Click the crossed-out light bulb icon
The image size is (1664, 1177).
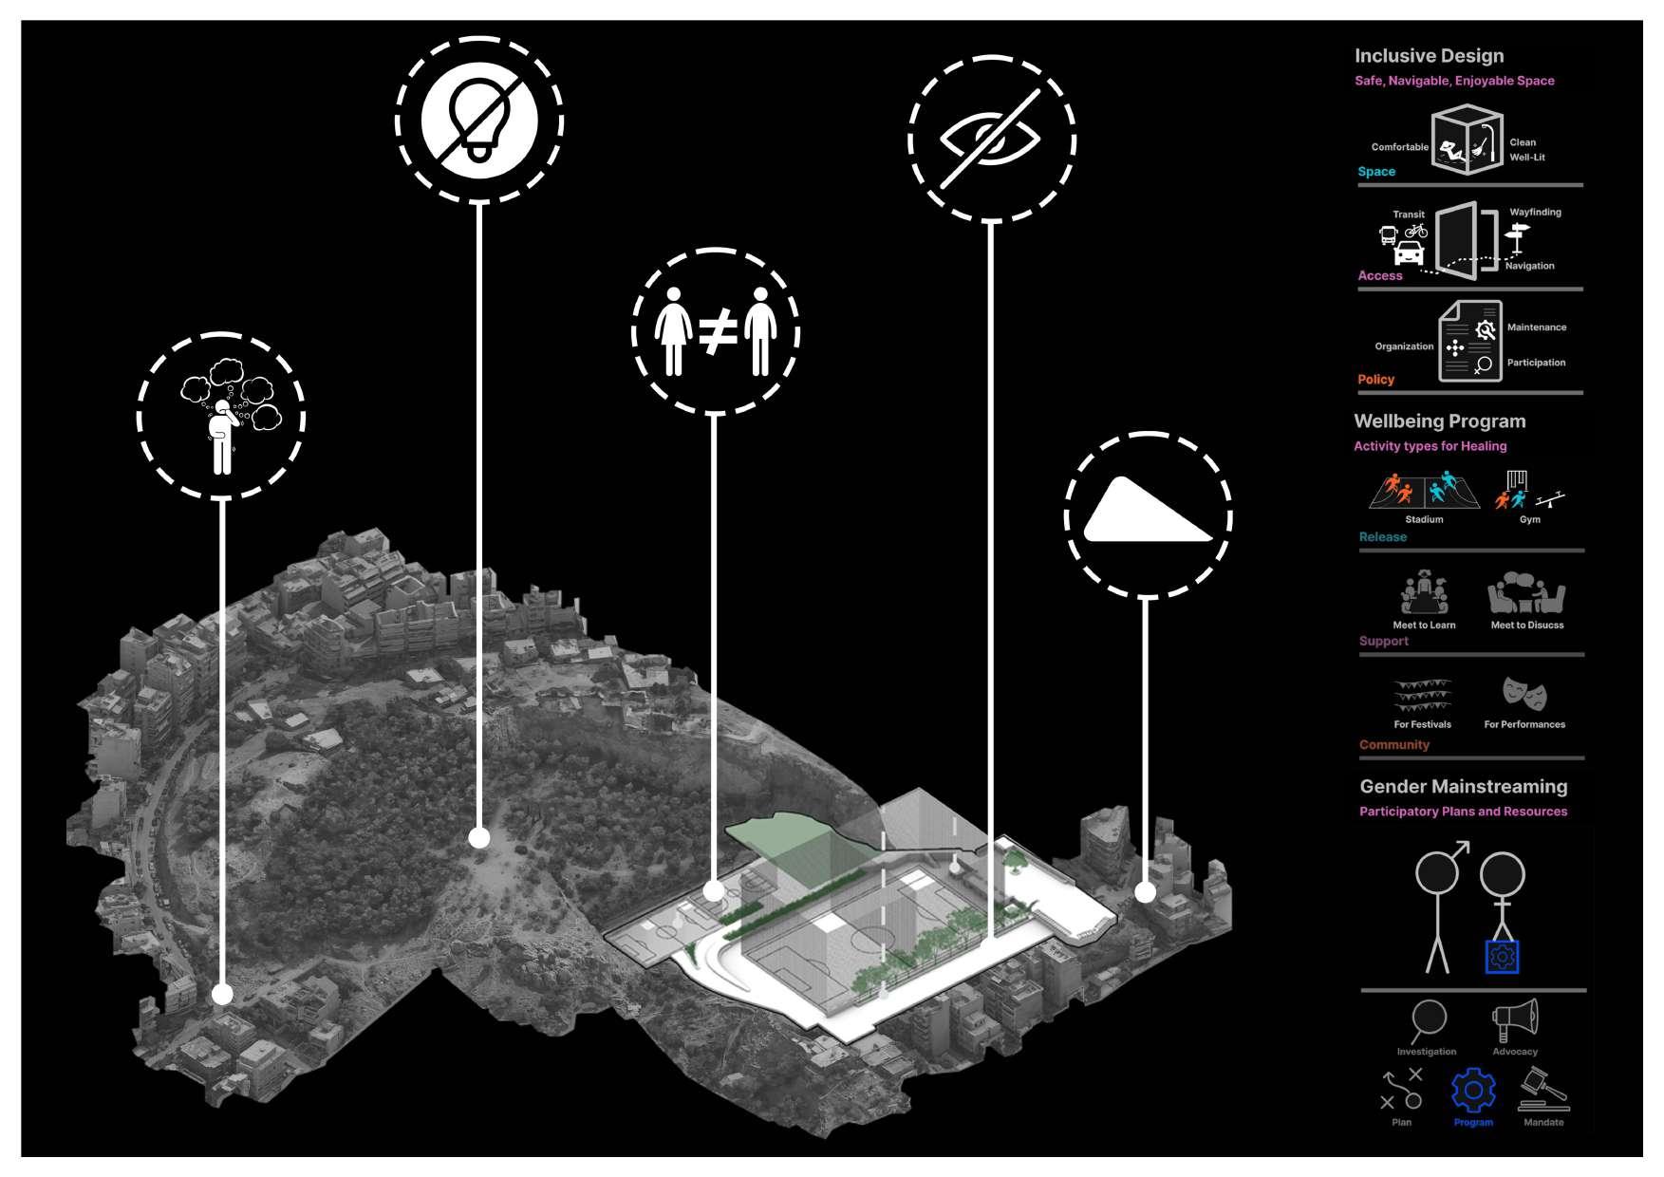pos(479,120)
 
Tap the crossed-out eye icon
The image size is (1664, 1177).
pos(990,139)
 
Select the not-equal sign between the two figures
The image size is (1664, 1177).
pos(718,332)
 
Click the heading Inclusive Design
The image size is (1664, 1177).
pos(1429,56)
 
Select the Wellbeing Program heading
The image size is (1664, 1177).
pos(1439,421)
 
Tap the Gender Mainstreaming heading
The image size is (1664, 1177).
pos(1463,787)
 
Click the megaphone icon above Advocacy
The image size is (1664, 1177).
pos(1515,1020)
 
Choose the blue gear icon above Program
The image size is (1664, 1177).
pos(1473,1091)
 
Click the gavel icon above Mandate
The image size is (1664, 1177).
pos(1542,1091)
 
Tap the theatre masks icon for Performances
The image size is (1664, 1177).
pos(1524,695)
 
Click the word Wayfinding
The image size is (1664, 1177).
pos(1535,213)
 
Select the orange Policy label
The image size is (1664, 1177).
pos(1375,380)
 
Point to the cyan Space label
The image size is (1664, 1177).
pos(1376,172)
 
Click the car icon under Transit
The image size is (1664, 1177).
pos(1409,253)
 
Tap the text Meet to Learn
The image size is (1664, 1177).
pos(1424,626)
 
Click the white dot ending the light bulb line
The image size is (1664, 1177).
pos(479,837)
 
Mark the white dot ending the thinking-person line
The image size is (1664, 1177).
pos(222,994)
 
